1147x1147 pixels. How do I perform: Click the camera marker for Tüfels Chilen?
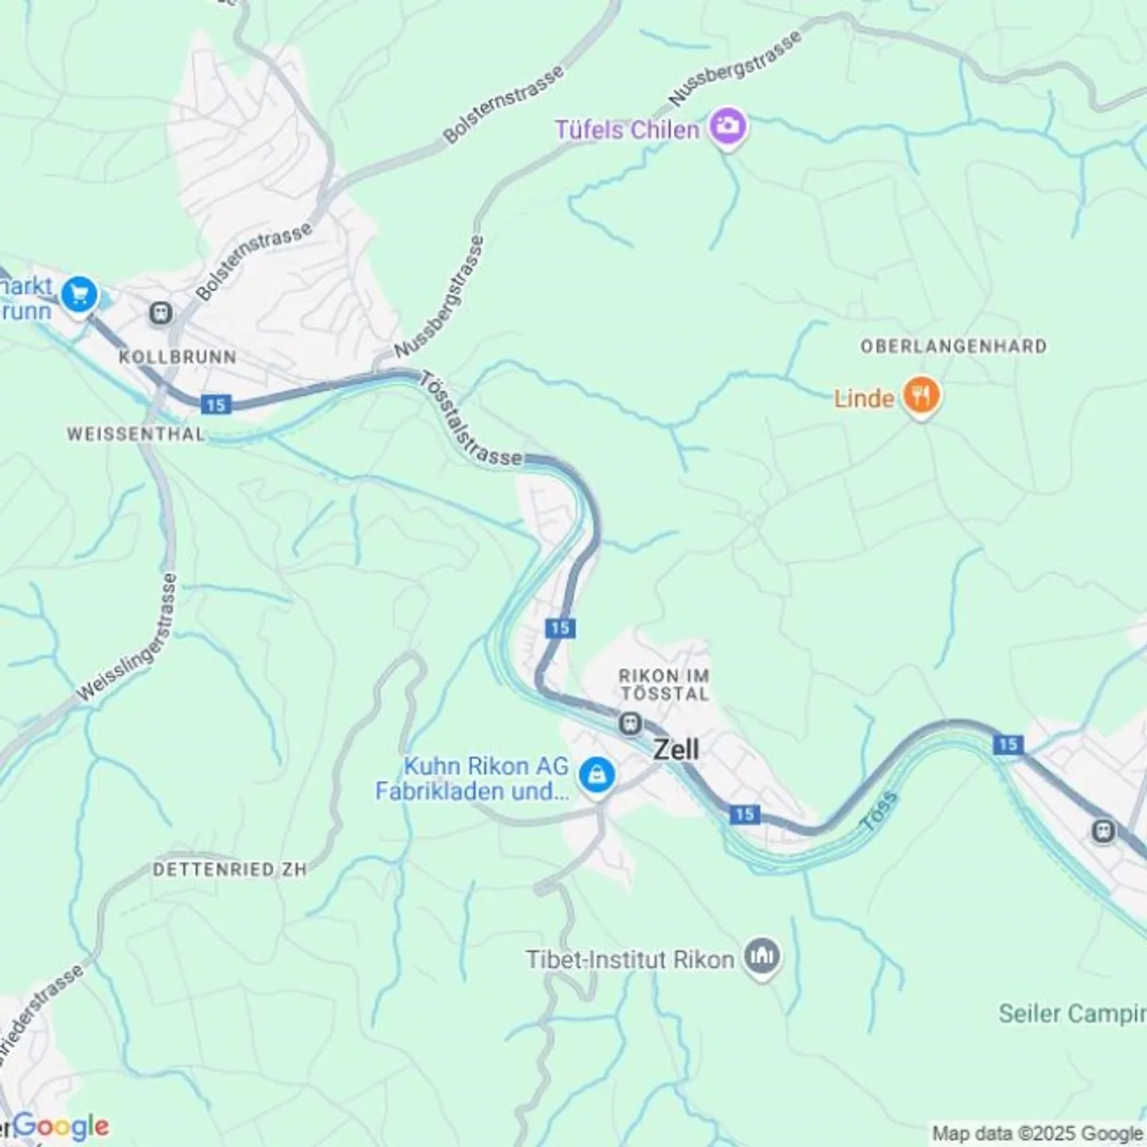pyautogui.click(x=726, y=127)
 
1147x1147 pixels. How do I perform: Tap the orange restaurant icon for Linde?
pyautogui.click(x=921, y=396)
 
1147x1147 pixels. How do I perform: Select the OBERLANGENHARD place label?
pyautogui.click(x=953, y=346)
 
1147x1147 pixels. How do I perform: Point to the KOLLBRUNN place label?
pyautogui.click(x=177, y=357)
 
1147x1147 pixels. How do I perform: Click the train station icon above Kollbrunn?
pyautogui.click(x=161, y=313)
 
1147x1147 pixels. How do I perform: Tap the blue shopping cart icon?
pyautogui.click(x=79, y=296)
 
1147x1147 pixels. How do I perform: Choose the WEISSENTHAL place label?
pyautogui.click(x=135, y=434)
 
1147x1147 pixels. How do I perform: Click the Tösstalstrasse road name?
pyautogui.click(x=470, y=421)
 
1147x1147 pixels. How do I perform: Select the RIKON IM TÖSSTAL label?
pyautogui.click(x=664, y=684)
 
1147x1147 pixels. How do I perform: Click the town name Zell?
pyautogui.click(x=676, y=750)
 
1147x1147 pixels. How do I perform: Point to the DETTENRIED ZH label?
pyautogui.click(x=229, y=869)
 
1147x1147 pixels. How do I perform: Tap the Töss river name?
pyautogui.click(x=879, y=812)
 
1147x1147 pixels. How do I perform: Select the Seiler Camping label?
pyautogui.click(x=1071, y=1014)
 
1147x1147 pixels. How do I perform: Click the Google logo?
pyautogui.click(x=61, y=1126)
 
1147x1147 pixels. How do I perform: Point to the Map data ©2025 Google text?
pyautogui.click(x=1037, y=1133)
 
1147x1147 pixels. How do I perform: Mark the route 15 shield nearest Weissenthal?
pyautogui.click(x=215, y=405)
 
